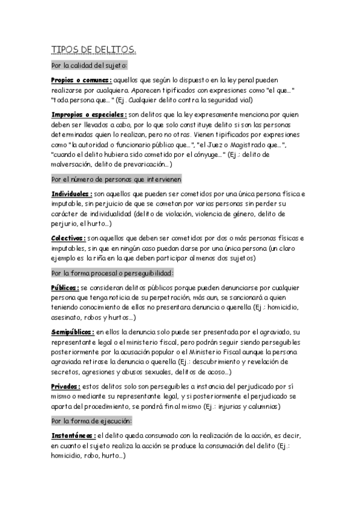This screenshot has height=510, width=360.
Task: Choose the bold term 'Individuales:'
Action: point(72,194)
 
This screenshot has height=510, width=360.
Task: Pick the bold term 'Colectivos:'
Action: point(69,238)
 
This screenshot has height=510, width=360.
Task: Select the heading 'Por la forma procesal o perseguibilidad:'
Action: point(112,272)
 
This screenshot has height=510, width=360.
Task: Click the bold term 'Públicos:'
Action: point(65,287)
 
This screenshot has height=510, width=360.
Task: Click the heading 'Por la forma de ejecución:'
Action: point(91,420)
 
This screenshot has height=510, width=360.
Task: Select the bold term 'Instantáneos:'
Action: point(73,435)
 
